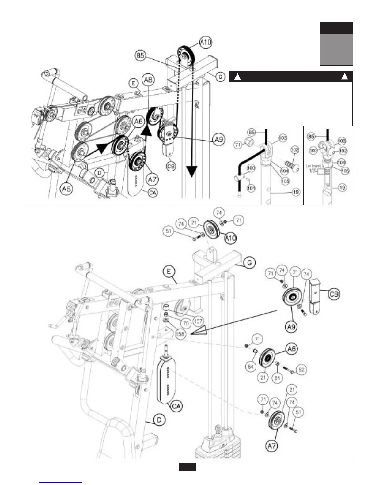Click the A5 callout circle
(x=67, y=189)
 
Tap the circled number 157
(x=198, y=321)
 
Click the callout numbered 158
(x=180, y=333)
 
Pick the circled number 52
(x=301, y=370)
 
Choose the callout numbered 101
(x=251, y=188)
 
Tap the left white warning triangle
(x=237, y=77)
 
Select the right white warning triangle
(x=345, y=77)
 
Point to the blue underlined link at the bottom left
(x=61, y=482)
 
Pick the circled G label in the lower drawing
(x=250, y=262)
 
